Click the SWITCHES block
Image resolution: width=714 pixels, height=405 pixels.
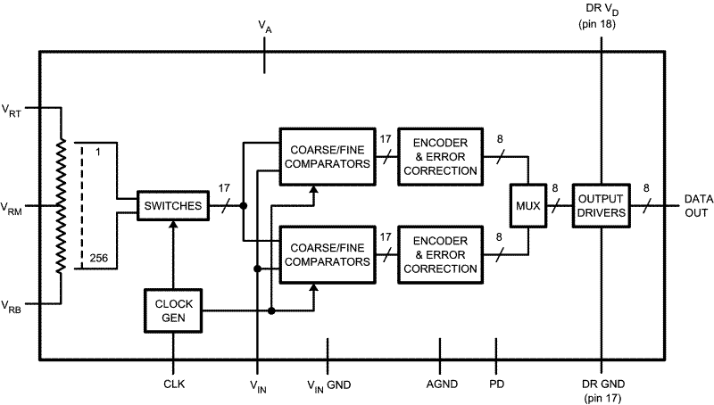pos(171,206)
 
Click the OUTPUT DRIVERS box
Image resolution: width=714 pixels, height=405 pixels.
pos(601,205)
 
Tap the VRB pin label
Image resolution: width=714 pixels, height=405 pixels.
pos(12,306)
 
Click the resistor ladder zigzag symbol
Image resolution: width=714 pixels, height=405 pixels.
pos(61,206)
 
